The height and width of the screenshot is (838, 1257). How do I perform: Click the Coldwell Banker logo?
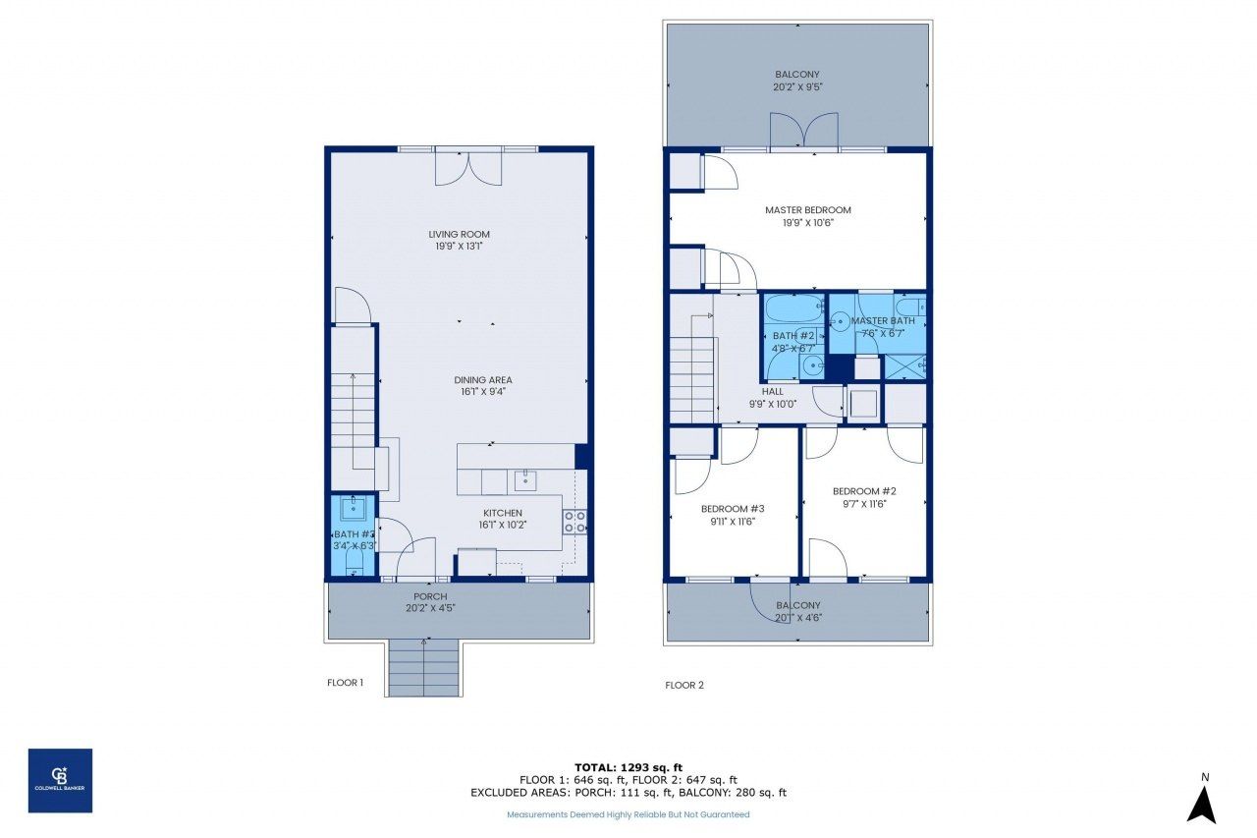pos(60,780)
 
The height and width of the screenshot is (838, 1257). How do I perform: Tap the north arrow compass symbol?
pos(1201,803)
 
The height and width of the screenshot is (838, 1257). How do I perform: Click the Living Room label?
pos(459,234)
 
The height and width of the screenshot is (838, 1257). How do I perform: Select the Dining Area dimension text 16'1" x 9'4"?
pos(482,392)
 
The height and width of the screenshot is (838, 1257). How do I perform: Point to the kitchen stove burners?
pos(575,522)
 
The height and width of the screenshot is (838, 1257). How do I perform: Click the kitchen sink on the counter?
pos(523,479)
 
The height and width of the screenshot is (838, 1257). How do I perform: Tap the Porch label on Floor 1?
pos(430,596)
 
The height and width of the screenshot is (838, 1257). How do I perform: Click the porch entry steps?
pos(424,667)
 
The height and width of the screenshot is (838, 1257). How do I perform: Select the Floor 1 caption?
pos(346,682)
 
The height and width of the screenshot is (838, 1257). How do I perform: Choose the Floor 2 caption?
pos(684,685)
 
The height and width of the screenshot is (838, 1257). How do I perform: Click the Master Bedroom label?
pos(807,210)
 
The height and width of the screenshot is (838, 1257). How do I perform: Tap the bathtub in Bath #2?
pos(793,310)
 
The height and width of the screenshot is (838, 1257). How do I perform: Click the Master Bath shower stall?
pos(904,367)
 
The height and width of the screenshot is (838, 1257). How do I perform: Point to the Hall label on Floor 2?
pos(787,391)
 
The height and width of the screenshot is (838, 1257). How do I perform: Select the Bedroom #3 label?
pos(732,509)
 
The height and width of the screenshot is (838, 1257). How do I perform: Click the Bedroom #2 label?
pos(864,491)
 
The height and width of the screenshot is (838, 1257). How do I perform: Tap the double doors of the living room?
pos(468,166)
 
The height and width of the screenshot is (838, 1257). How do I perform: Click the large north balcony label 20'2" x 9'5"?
pos(796,86)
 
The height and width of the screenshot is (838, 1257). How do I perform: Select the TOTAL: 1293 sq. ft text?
pos(628,766)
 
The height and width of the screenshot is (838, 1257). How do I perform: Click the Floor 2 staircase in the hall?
pos(692,378)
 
